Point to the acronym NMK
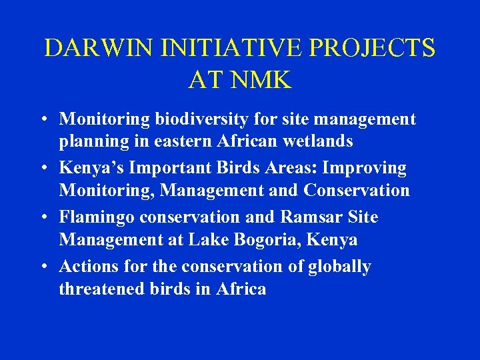coord(262,80)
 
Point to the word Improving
coord(367,168)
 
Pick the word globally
coord(339,267)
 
